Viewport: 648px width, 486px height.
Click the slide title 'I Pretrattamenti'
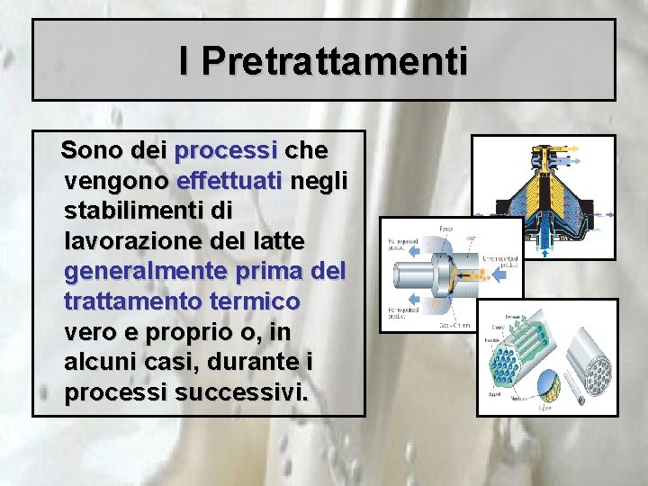point(323,61)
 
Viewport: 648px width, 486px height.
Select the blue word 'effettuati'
point(229,180)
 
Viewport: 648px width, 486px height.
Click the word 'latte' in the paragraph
point(276,241)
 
